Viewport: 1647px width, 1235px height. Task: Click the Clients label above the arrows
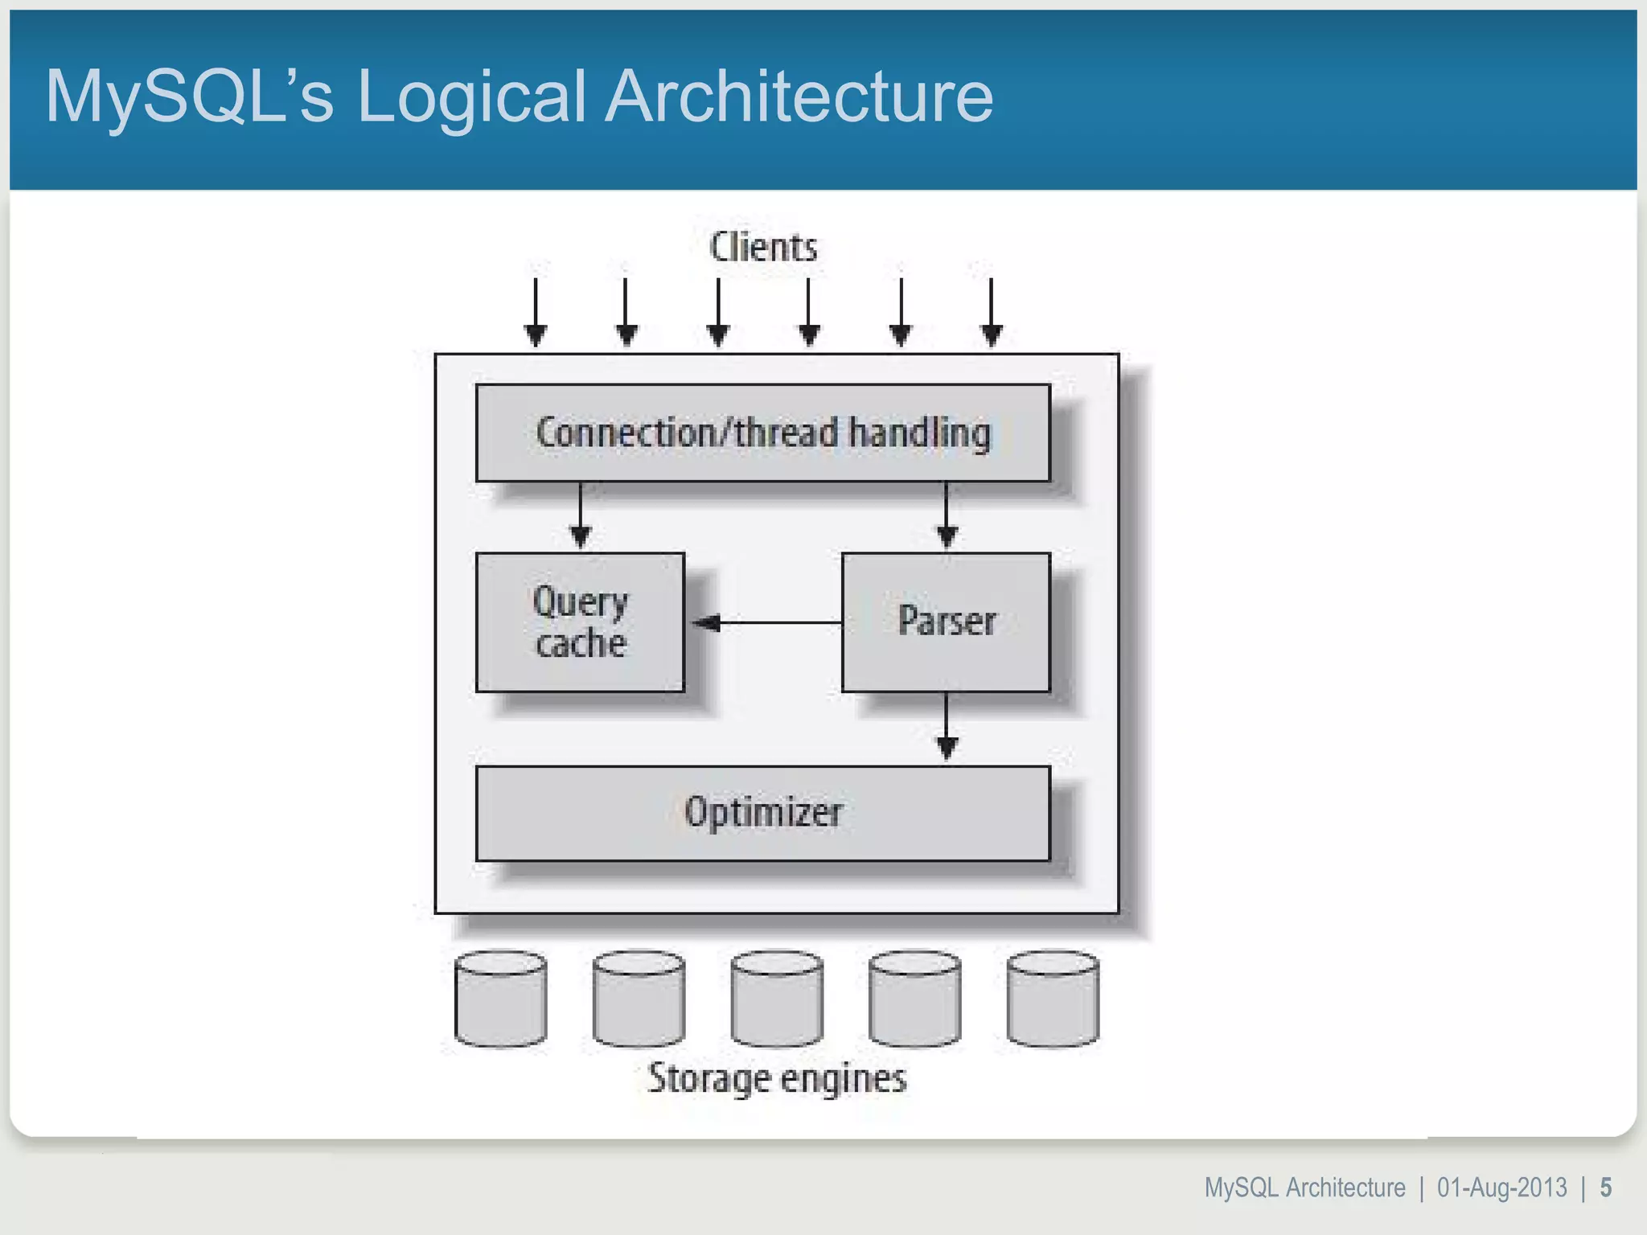[x=763, y=247]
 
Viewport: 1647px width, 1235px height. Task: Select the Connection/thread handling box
[x=762, y=433]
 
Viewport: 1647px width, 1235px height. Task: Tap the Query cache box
[x=580, y=622]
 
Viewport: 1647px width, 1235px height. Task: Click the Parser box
[x=946, y=622]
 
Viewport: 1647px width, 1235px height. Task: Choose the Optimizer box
[x=762, y=813]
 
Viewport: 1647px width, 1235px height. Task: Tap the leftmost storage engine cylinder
[x=500, y=999]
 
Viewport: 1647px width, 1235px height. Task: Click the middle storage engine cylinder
[x=777, y=999]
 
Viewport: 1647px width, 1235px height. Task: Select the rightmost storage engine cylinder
[x=1053, y=999]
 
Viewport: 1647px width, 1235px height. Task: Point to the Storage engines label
[x=777, y=1078]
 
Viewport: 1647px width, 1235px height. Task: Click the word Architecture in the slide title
[x=799, y=96]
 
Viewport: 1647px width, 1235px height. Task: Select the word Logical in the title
[x=470, y=98]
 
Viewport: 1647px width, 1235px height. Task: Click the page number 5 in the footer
[x=1605, y=1188]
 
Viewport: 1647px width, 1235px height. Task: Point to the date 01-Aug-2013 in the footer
[x=1501, y=1188]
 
